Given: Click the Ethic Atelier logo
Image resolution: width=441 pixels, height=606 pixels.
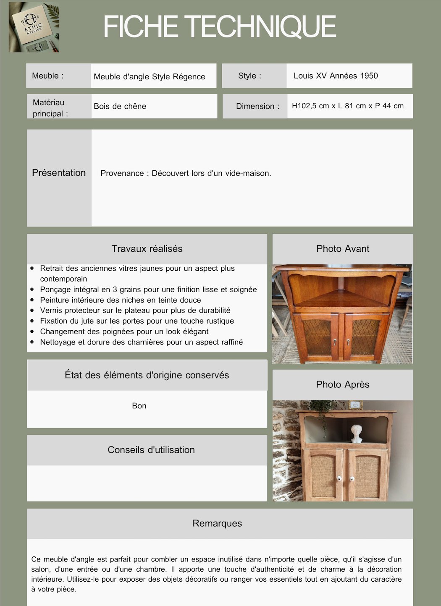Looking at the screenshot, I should point(34,27).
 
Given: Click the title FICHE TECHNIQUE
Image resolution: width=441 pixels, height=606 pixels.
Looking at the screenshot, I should point(220,26).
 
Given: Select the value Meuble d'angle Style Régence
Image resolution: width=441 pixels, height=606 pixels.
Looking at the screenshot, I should point(149,76).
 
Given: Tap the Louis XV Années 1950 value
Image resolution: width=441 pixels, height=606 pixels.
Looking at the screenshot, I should point(336,76).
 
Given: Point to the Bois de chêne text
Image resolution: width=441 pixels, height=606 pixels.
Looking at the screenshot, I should point(120,106).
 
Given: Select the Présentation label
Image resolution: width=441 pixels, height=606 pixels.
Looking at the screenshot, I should point(59,172).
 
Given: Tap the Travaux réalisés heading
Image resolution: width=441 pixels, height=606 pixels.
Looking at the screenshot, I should point(147,248).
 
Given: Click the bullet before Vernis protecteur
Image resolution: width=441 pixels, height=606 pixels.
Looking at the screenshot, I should point(32,310).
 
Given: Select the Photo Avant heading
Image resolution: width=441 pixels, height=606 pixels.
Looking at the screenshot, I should point(343,248).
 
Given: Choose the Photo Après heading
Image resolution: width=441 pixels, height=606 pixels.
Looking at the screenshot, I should point(343,384).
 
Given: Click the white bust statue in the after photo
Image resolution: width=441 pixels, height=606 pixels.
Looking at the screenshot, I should point(357,434).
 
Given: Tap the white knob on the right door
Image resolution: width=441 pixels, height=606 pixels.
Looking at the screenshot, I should point(352,478).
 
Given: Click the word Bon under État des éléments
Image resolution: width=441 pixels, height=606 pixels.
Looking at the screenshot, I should point(139,405).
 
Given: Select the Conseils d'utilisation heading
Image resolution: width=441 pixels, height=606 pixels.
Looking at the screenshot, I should point(151,449).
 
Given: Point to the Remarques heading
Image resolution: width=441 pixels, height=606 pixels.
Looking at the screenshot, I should point(217,523).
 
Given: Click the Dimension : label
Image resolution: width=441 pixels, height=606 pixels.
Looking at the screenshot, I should point(257,106).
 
